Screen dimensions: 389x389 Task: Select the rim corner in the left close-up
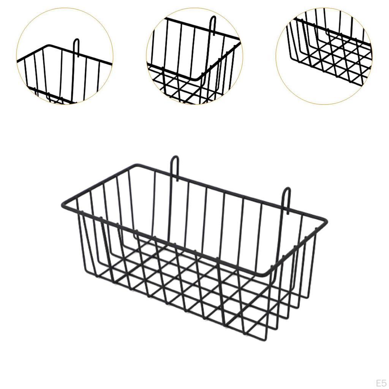click(49, 46)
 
